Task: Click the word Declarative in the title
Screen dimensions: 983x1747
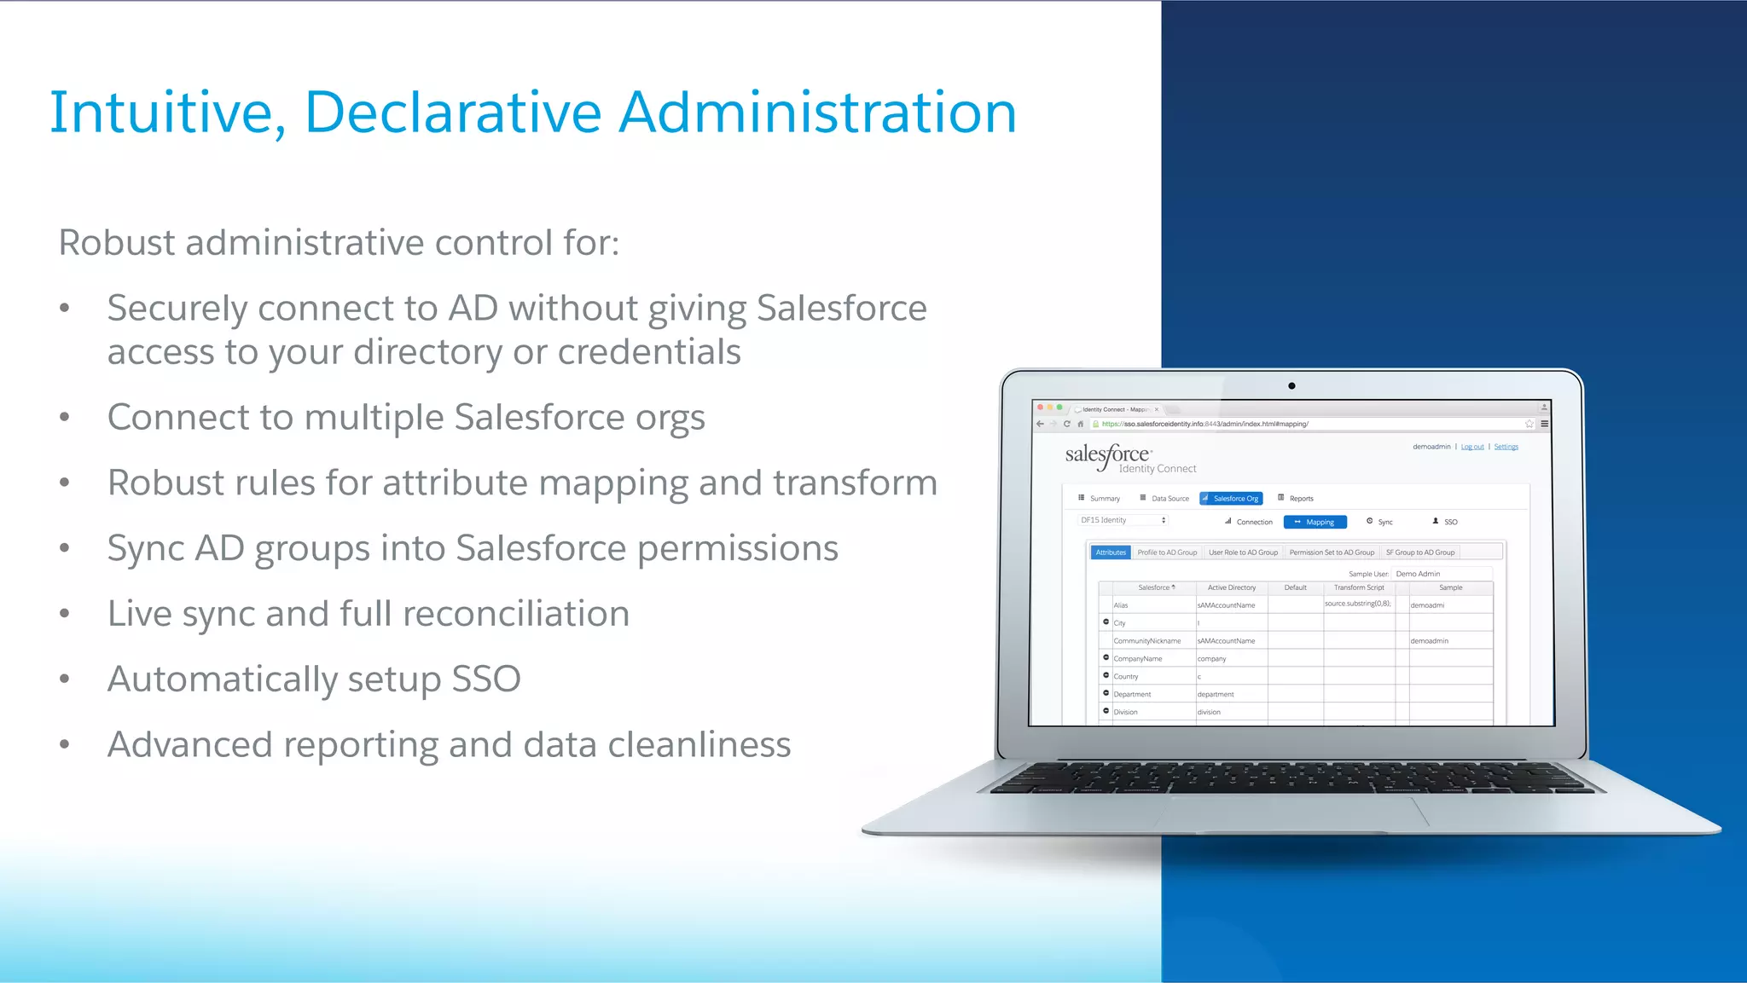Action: coord(453,112)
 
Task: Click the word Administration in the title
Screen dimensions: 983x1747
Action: coord(817,112)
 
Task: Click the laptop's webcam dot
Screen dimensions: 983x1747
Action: coord(1291,386)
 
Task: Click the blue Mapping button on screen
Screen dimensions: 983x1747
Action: coord(1315,522)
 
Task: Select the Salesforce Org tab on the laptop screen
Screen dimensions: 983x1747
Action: coord(1231,499)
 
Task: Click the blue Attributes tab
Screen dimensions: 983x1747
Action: coord(1111,552)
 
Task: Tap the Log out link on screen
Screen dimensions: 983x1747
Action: coord(1471,447)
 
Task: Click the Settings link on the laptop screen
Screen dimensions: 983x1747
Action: coord(1506,447)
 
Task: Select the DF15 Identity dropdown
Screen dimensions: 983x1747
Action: coord(1121,520)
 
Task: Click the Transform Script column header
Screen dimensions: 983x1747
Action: coord(1359,587)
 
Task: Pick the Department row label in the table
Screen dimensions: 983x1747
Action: coord(1132,694)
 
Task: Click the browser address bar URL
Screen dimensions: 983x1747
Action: coord(1204,424)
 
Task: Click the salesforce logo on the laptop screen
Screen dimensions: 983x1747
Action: coord(1107,454)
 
